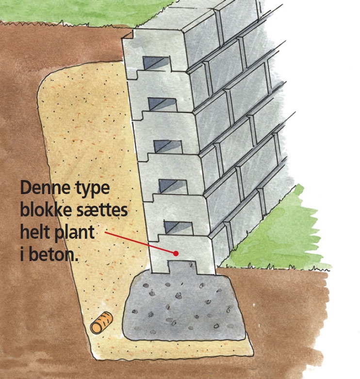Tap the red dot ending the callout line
point(176,253)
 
